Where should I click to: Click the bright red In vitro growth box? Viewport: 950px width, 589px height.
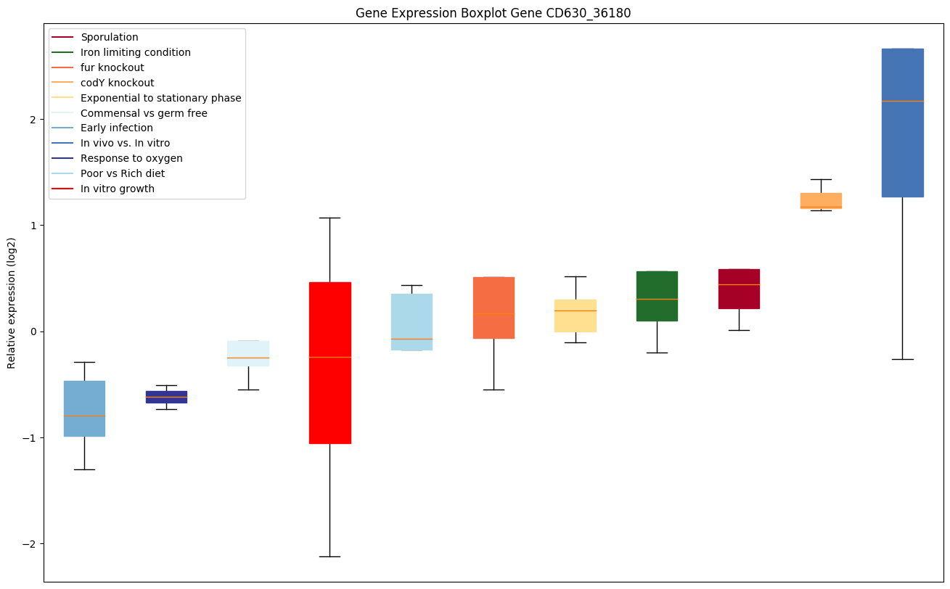[x=329, y=363]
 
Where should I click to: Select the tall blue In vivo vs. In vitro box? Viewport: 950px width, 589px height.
[x=902, y=123]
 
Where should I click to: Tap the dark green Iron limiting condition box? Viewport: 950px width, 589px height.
[x=657, y=296]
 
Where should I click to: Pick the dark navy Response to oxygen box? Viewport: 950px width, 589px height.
[x=166, y=397]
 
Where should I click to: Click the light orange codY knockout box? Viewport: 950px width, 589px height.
[x=820, y=201]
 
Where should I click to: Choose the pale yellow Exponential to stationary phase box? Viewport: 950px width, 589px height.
[x=576, y=316]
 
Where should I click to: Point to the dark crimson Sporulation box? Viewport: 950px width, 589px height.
[x=739, y=289]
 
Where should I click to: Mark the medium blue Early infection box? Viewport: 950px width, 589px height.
[x=84, y=408]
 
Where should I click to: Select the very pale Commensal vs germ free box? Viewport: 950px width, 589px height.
[x=248, y=353]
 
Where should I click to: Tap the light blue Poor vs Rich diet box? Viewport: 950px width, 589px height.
[x=411, y=322]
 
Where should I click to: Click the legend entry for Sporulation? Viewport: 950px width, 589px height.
[x=110, y=37]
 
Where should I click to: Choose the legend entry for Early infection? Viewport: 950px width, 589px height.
[x=117, y=128]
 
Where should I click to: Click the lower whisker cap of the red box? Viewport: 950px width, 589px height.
[x=329, y=556]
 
